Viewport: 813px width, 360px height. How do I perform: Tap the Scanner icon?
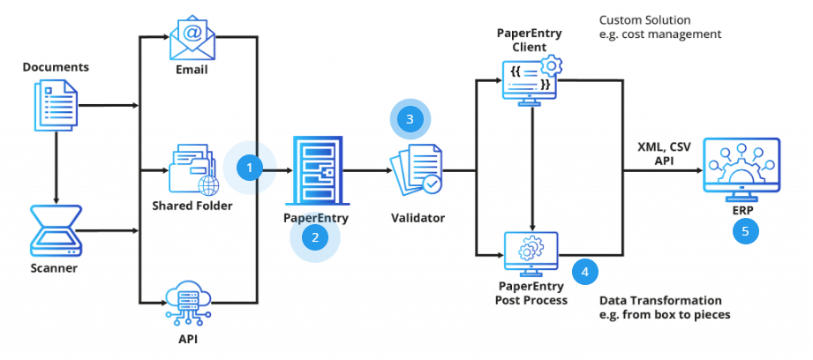click(55, 228)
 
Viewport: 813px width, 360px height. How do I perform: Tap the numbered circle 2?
click(314, 236)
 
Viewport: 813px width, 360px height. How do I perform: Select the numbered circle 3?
click(409, 117)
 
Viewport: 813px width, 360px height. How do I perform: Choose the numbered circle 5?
click(746, 232)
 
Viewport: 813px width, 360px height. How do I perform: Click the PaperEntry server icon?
click(316, 171)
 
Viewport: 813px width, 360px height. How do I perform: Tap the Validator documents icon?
click(415, 171)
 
